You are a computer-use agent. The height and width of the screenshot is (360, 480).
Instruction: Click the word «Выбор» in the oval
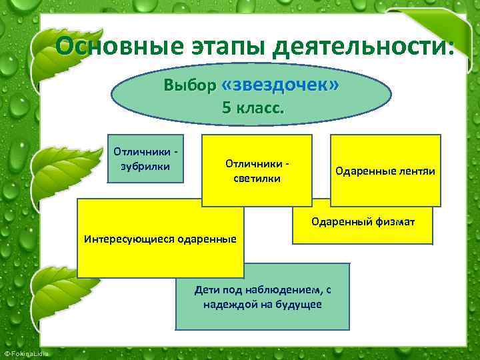coord(190,86)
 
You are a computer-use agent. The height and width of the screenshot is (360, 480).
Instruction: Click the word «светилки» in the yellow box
coord(257,178)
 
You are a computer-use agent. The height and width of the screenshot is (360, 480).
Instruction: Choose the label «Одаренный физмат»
coord(363,221)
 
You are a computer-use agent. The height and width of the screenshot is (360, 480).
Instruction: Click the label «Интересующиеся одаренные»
coord(159,239)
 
